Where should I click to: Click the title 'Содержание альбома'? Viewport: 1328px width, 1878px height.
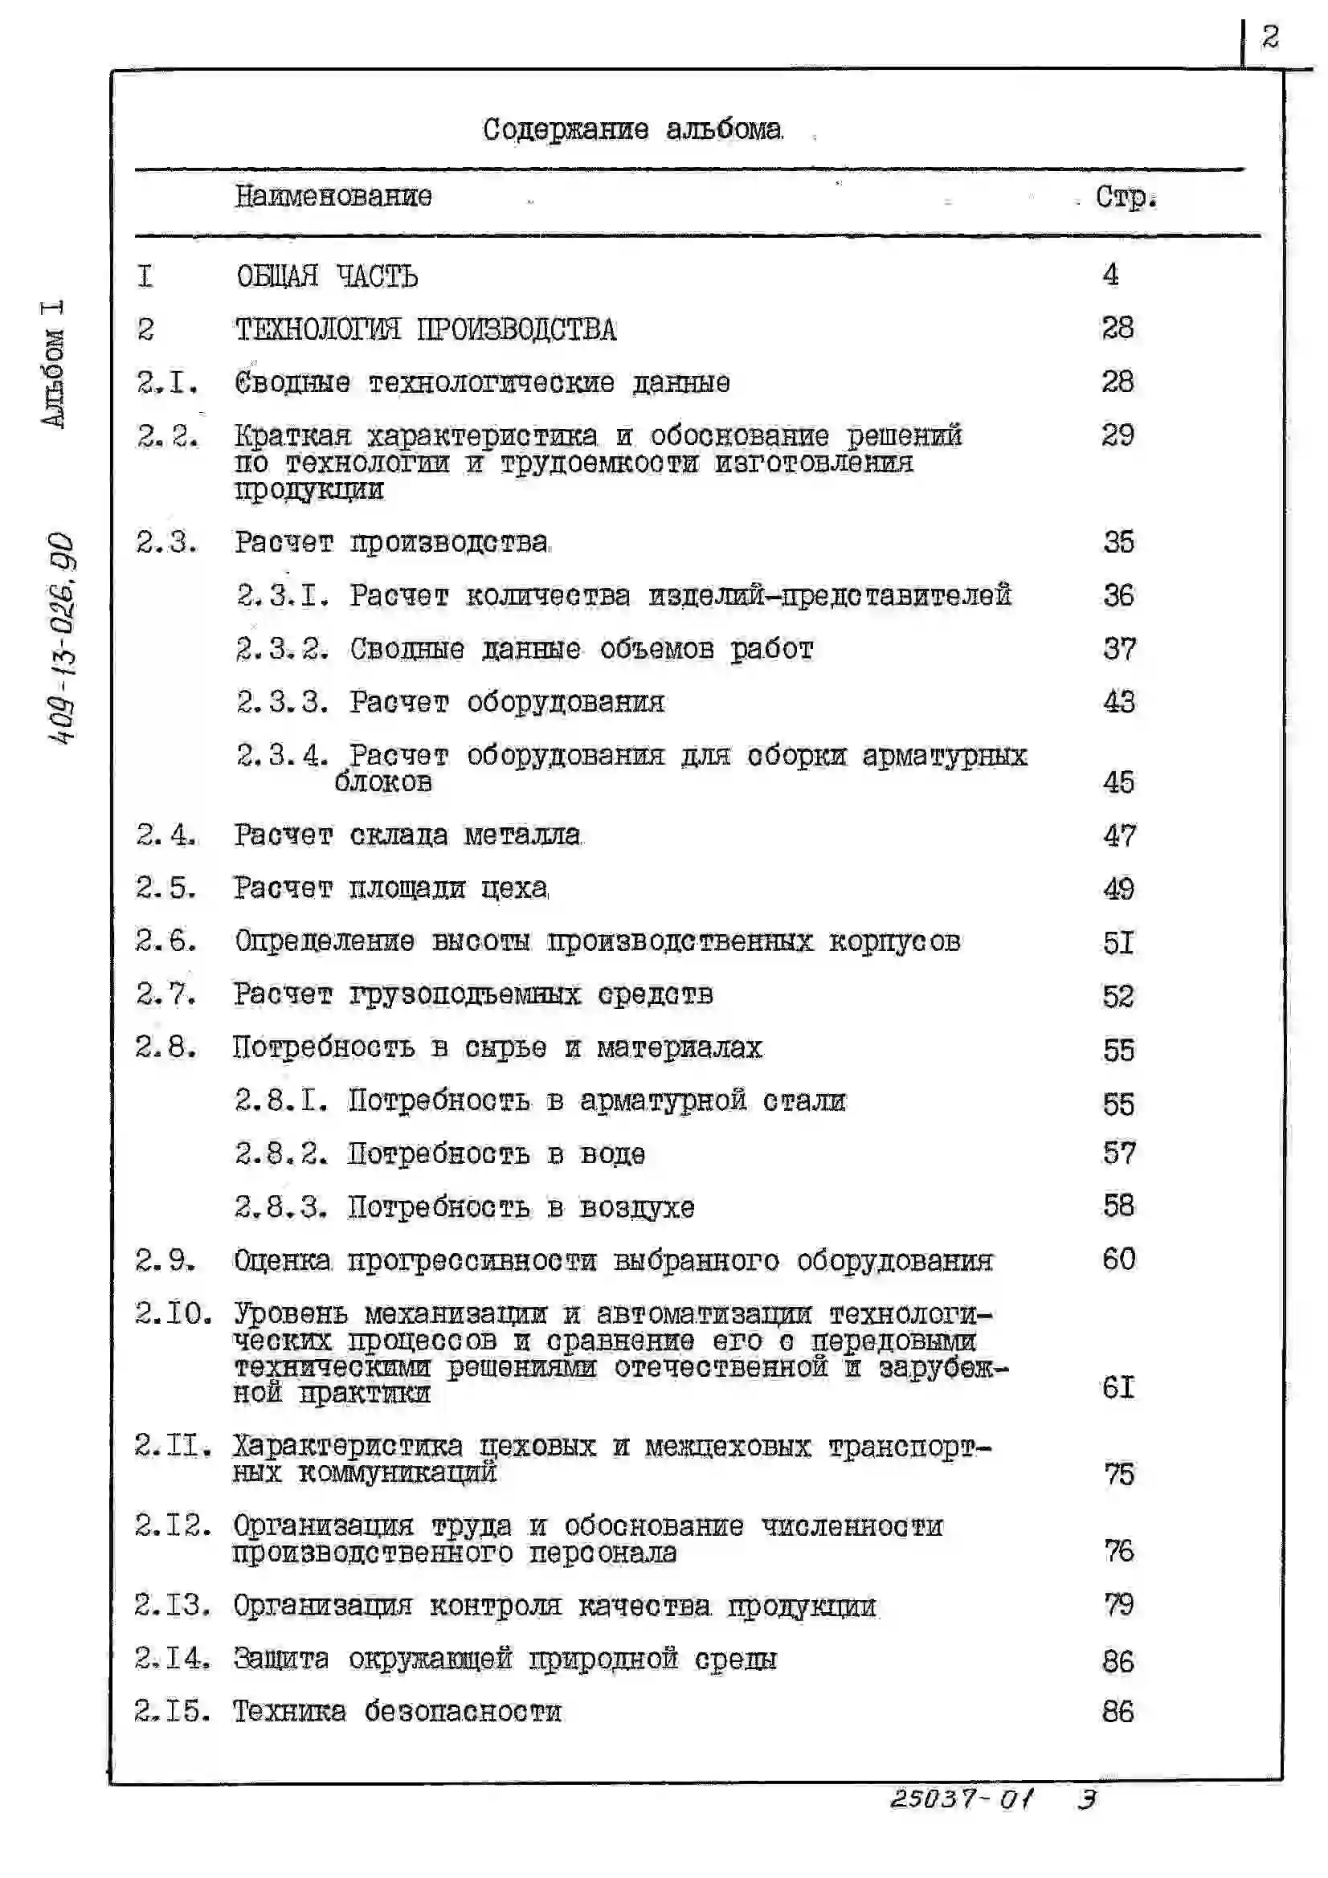[x=632, y=129]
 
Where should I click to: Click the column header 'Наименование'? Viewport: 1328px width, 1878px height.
[x=333, y=196]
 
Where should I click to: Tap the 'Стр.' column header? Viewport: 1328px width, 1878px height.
[x=1126, y=197]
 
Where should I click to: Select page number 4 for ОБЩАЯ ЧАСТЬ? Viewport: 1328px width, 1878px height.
[x=1110, y=275]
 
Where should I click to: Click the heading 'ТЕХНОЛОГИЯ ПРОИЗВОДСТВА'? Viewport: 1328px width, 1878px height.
[x=426, y=329]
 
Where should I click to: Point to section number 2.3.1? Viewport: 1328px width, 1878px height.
[x=283, y=595]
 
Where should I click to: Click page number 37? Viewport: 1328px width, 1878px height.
[x=1118, y=650]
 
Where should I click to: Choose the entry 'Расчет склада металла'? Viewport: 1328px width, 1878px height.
[x=407, y=835]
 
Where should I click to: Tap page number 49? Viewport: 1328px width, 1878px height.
[x=1118, y=889]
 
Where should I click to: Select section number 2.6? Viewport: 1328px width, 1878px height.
[x=166, y=941]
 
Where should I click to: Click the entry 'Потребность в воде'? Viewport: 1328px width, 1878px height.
[x=496, y=1154]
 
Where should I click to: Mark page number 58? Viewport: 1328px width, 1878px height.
[x=1118, y=1206]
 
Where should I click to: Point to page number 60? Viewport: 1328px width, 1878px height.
[x=1118, y=1259]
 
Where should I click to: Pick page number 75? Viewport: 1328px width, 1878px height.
[x=1118, y=1474]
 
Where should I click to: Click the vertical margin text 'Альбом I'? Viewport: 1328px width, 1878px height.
[x=53, y=363]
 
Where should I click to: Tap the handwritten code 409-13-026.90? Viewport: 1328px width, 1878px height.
[x=61, y=639]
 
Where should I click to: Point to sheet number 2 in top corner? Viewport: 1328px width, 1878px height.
[x=1270, y=37]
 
